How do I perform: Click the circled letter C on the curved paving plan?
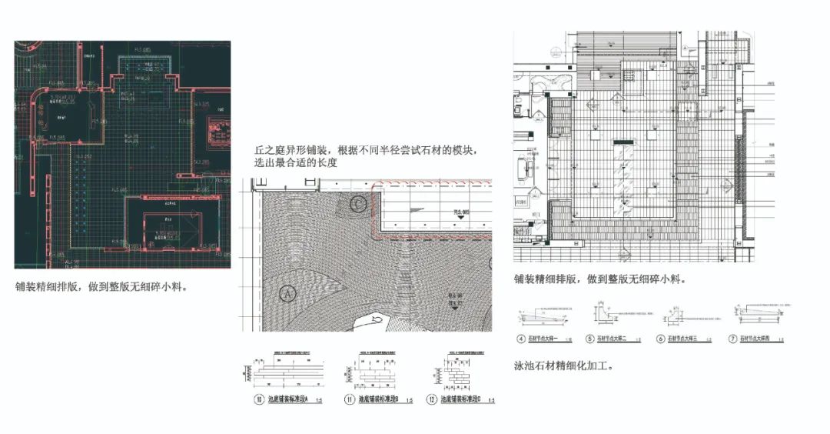(358, 204)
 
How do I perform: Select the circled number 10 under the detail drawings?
(258, 399)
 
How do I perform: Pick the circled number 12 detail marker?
(433, 399)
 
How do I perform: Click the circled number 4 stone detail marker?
(520, 338)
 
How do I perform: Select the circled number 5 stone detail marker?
(590, 338)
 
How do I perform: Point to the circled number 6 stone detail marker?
(660, 338)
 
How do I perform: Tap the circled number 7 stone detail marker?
(732, 338)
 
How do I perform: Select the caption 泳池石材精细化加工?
(563, 366)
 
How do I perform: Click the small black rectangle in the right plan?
(623, 142)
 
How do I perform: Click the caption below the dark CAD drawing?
(101, 286)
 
